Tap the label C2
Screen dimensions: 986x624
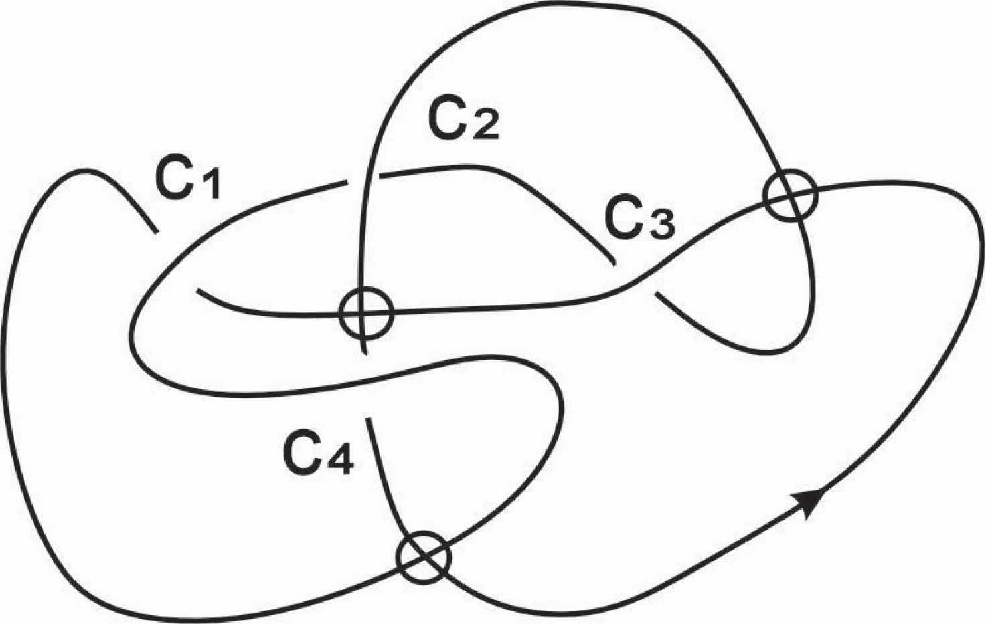(464, 121)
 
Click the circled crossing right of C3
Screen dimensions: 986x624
(790, 195)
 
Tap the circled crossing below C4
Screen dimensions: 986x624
(423, 556)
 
